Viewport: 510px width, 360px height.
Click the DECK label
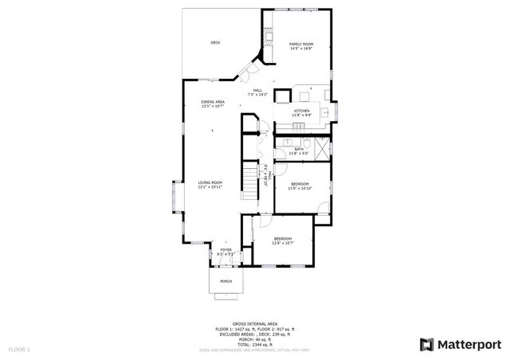(215, 42)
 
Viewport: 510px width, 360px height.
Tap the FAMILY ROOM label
(300, 44)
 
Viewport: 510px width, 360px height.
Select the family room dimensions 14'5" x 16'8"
(300, 49)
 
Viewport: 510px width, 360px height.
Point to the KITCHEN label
(301, 111)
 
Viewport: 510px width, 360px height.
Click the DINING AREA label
(212, 102)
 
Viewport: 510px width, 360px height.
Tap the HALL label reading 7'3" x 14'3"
(257, 92)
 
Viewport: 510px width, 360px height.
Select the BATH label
(299, 149)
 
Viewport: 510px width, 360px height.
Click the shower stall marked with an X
(321, 147)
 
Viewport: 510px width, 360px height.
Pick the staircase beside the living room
(251, 184)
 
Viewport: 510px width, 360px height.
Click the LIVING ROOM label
(210, 182)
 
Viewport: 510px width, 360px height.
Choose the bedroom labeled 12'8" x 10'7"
(283, 241)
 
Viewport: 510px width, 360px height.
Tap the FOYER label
(226, 252)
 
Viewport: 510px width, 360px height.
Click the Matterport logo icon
(427, 344)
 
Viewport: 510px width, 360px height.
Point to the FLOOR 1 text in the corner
(19, 349)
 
